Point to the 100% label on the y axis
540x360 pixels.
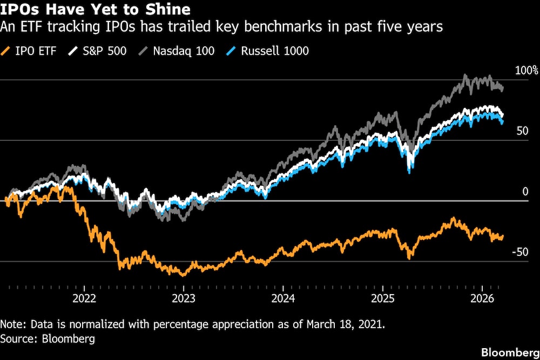[x=526, y=71]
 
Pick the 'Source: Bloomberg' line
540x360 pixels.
[x=48, y=339]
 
